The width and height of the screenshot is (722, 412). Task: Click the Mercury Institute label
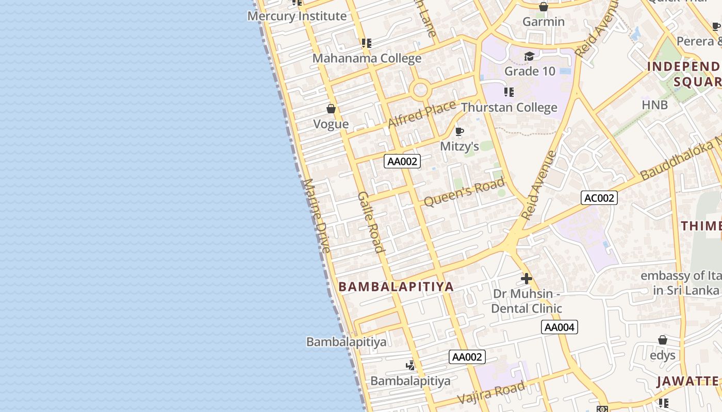coord(297,16)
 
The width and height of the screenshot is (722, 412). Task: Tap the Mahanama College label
coord(367,58)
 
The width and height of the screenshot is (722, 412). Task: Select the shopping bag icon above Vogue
coord(331,109)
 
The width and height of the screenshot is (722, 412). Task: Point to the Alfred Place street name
coord(421,114)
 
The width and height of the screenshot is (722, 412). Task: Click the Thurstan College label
coord(509,108)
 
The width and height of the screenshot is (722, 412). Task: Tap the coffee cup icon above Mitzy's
coord(459,132)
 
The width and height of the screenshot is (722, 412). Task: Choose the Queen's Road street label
coord(464,192)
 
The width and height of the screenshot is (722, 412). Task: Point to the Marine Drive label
coord(316,215)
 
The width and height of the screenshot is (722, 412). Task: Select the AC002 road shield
coord(599,198)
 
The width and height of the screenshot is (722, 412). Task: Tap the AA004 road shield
coord(560,327)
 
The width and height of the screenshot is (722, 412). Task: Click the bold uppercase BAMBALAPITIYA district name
coord(396,287)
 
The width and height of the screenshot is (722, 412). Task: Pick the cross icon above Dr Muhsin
coord(526,279)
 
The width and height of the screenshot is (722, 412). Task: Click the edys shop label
coord(663,355)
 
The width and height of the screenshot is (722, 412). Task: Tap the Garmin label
coord(544,22)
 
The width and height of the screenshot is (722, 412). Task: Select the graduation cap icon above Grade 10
coord(529,56)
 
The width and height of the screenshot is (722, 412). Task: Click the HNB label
coord(654,105)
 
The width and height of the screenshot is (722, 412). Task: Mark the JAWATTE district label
coord(687,381)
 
